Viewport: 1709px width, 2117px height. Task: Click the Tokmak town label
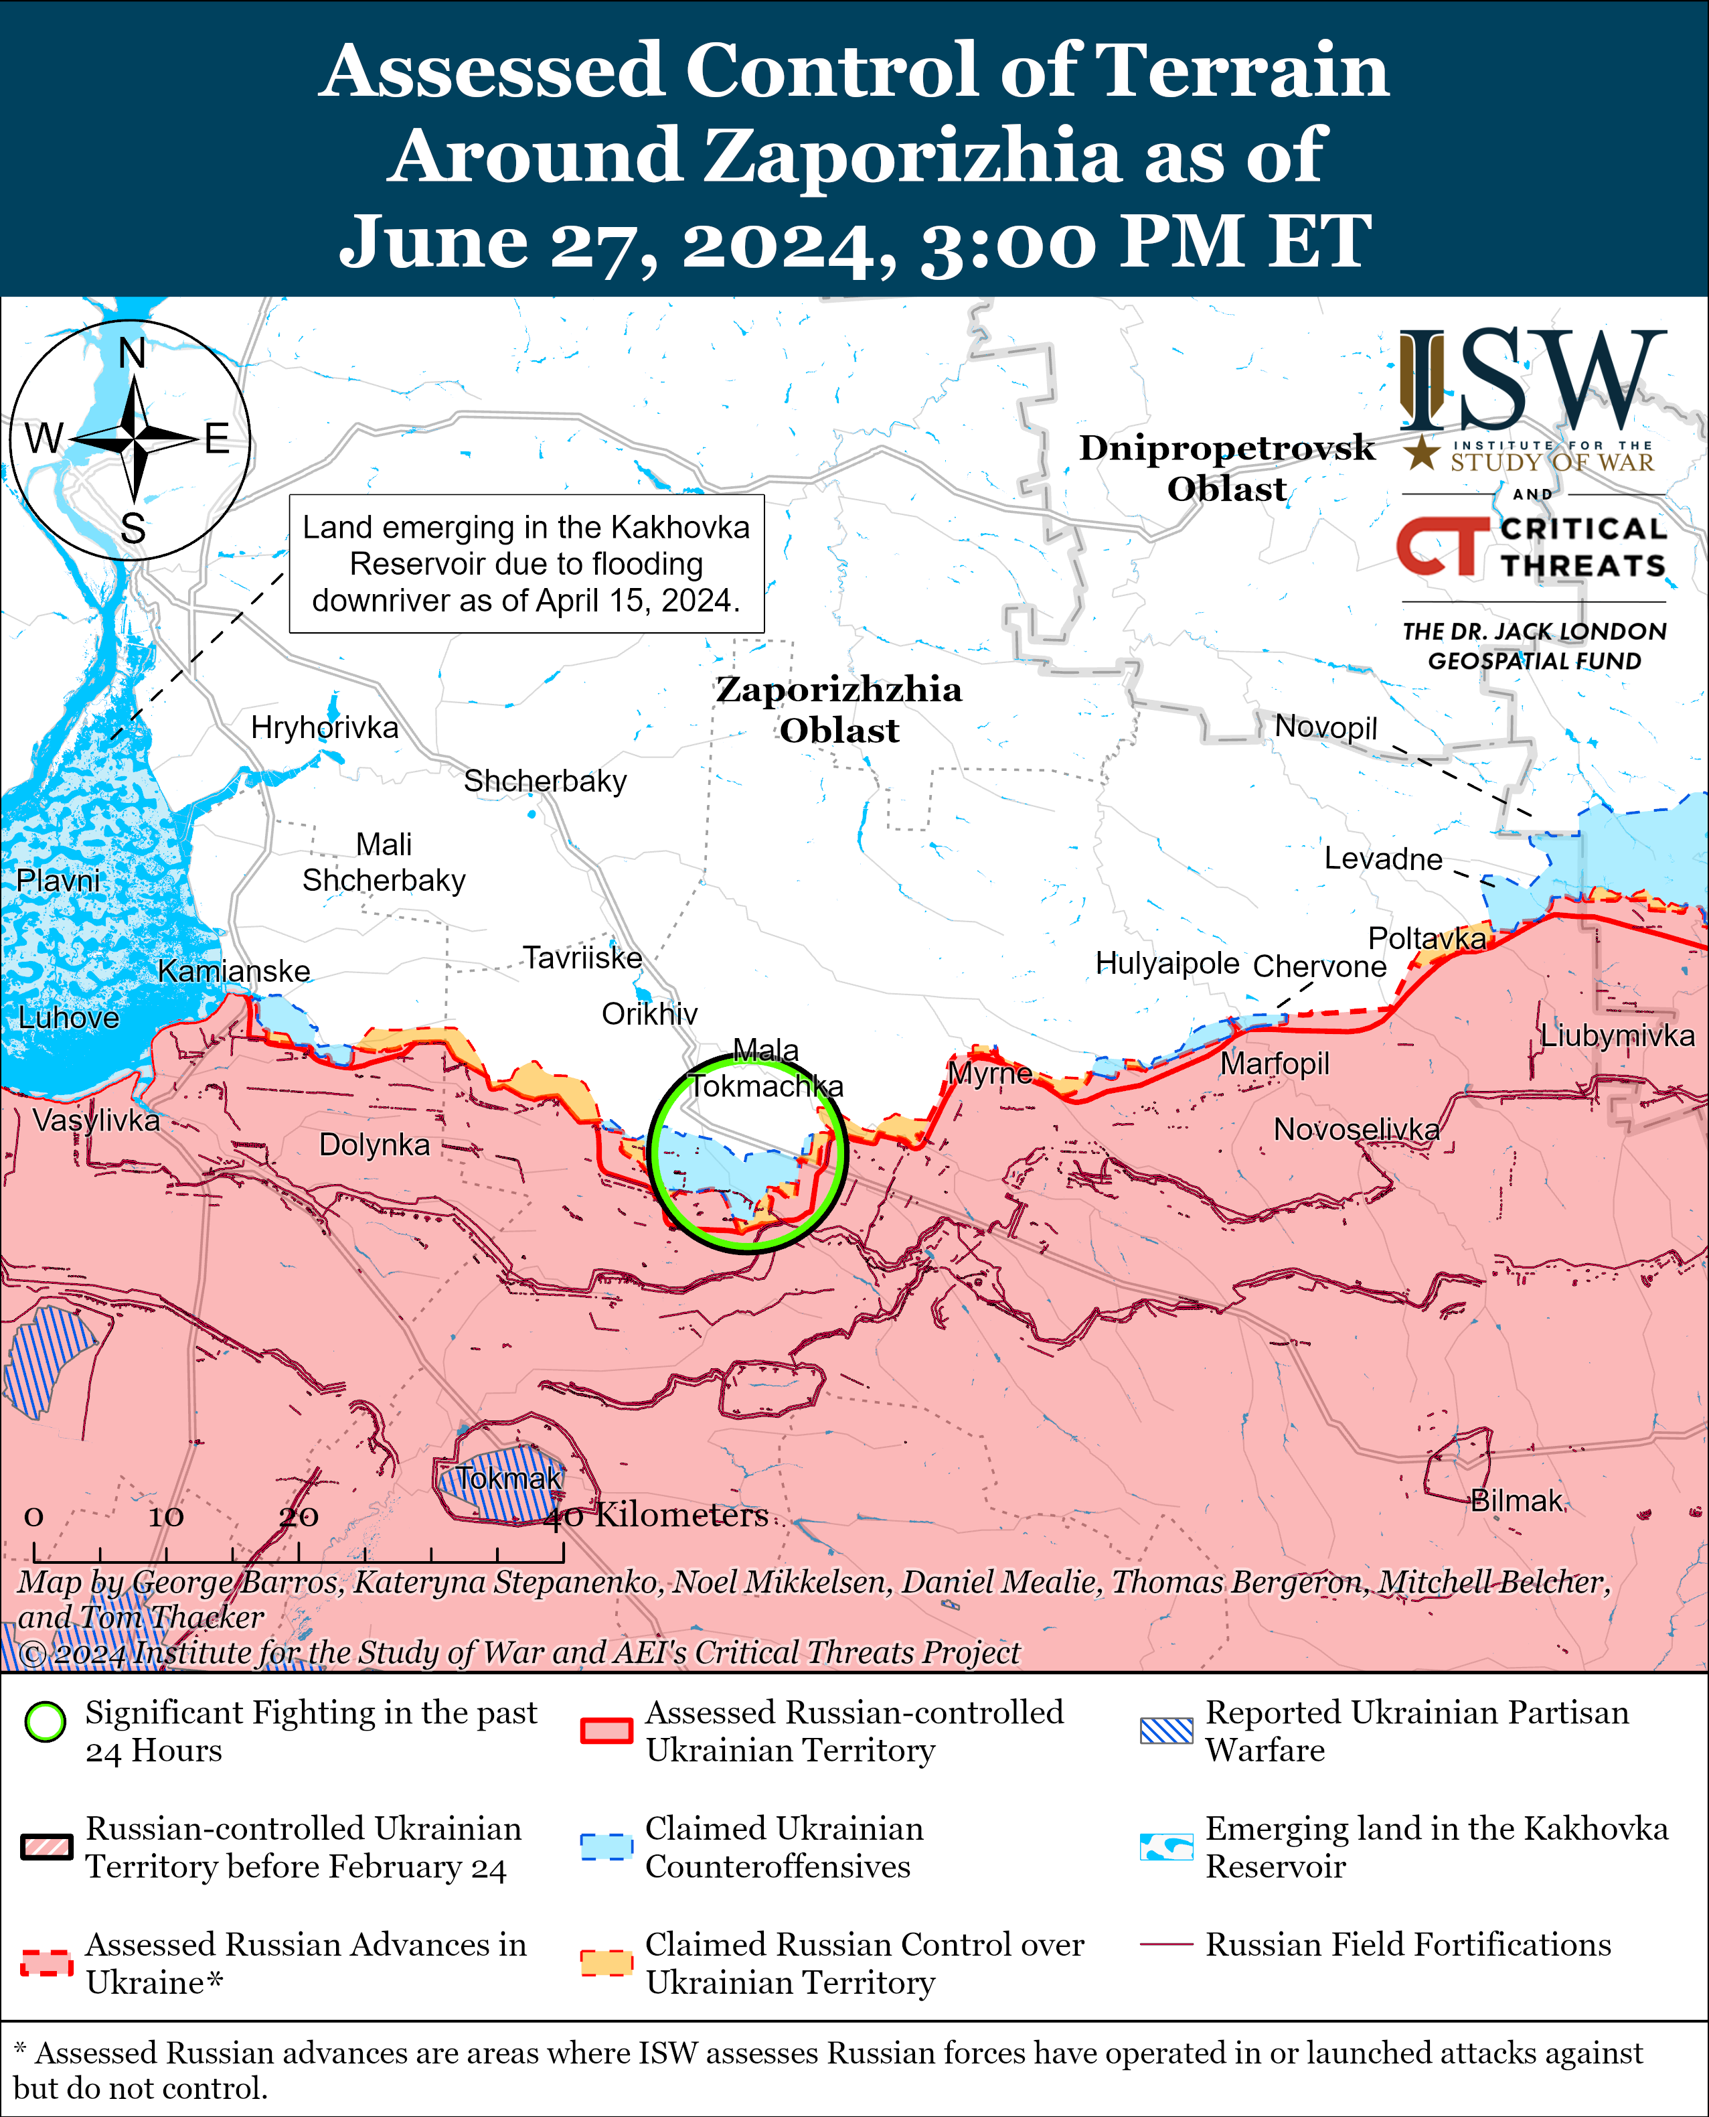point(508,1479)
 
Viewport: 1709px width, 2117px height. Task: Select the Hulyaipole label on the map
point(1167,963)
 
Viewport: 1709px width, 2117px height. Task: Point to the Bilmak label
point(1516,1501)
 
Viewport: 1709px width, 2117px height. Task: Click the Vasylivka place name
point(96,1120)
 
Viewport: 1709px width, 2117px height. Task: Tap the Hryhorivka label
point(324,728)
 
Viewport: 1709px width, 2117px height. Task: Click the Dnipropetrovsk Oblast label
point(1226,467)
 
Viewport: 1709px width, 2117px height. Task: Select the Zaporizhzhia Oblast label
point(839,709)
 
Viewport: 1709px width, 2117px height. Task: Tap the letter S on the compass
point(133,530)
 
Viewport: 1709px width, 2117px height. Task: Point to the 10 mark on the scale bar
point(165,1518)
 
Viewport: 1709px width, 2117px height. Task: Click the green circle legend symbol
point(46,1722)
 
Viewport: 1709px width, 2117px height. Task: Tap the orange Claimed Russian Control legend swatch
point(605,1962)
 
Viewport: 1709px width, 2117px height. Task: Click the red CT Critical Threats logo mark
point(1441,546)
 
